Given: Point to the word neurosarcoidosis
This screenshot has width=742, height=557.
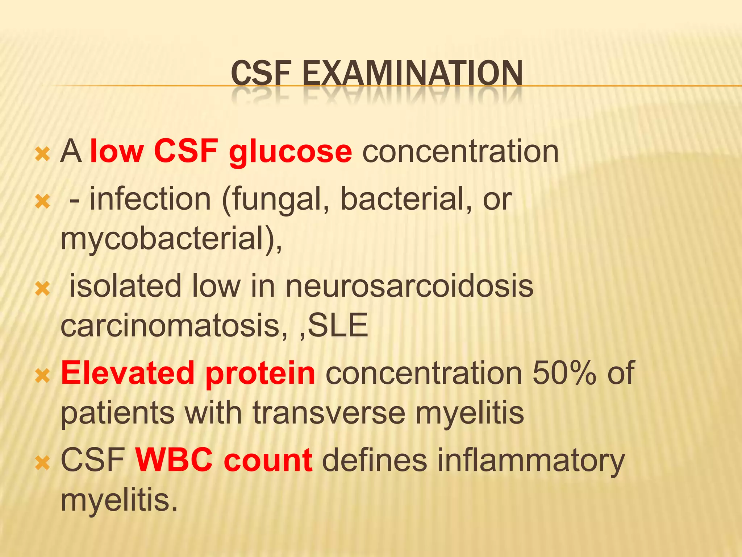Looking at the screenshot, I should pyautogui.click(x=409, y=286).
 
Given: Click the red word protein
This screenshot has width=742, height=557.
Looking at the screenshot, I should pyautogui.click(x=260, y=374).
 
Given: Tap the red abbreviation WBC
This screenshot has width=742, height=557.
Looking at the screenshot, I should pyautogui.click(x=174, y=460).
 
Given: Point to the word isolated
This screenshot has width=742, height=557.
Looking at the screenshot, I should pyautogui.click(x=125, y=286).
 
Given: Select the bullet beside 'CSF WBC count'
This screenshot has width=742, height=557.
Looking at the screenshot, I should pyautogui.click(x=43, y=463).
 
